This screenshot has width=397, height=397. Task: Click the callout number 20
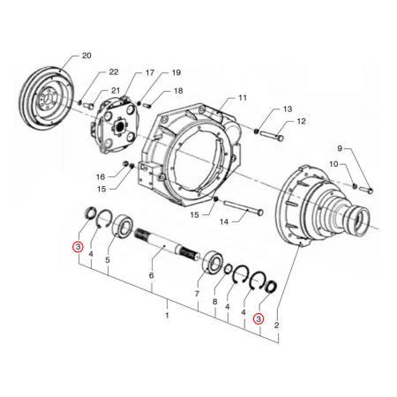click(86, 56)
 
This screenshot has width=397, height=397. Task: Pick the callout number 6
click(152, 276)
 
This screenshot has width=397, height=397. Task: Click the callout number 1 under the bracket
click(167, 313)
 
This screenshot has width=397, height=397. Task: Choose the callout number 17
click(149, 72)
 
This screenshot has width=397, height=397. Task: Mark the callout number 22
click(113, 71)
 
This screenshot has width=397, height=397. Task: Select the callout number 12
click(301, 121)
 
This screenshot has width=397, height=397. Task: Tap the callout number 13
click(286, 109)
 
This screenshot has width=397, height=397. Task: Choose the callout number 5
click(108, 260)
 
